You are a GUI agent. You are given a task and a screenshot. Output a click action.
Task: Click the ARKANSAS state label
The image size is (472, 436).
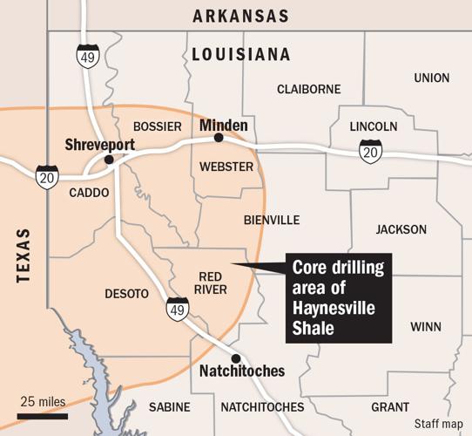(241, 16)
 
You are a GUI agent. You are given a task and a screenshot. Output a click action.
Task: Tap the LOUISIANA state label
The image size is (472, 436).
(240, 55)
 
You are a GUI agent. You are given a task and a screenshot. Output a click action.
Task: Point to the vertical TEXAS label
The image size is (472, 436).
(23, 257)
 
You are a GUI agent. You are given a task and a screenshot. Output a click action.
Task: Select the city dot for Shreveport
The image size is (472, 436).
(109, 160)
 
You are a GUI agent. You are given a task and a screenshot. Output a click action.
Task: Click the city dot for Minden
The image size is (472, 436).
(219, 138)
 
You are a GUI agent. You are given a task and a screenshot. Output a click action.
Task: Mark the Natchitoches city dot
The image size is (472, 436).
(234, 358)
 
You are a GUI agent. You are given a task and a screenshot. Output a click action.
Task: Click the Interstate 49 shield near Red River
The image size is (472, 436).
(177, 308)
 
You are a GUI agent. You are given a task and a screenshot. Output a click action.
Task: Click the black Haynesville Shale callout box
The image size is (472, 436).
(340, 298)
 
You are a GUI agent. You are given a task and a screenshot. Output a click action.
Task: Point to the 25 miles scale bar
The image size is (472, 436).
(42, 415)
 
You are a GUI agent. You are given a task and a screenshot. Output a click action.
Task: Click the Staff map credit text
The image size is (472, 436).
(438, 424)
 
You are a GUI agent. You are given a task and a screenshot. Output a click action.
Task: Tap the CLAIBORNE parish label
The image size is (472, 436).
(307, 89)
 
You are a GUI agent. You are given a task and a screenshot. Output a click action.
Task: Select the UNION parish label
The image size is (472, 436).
(432, 78)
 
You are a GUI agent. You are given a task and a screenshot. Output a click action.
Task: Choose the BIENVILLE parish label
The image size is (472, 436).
(272, 220)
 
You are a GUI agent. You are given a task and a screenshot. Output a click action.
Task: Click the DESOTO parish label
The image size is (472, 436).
(126, 294)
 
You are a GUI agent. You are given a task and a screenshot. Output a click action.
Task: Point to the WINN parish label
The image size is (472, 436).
(425, 328)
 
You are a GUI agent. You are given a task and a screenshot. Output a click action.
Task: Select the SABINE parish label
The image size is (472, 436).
(169, 407)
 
